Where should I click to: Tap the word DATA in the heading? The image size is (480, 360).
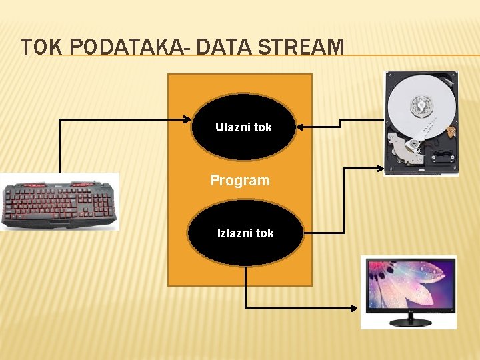[212, 47]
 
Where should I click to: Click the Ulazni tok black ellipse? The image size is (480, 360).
[243, 127]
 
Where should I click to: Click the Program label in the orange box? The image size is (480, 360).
[240, 180]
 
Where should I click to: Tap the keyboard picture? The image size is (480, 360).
[60, 203]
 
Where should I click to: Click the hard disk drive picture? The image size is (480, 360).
[421, 123]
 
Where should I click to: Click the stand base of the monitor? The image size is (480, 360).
[409, 323]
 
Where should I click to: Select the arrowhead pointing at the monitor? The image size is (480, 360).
[356, 309]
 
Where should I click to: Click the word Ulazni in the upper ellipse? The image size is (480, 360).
[229, 127]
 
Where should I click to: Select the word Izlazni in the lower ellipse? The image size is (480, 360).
[231, 233]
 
